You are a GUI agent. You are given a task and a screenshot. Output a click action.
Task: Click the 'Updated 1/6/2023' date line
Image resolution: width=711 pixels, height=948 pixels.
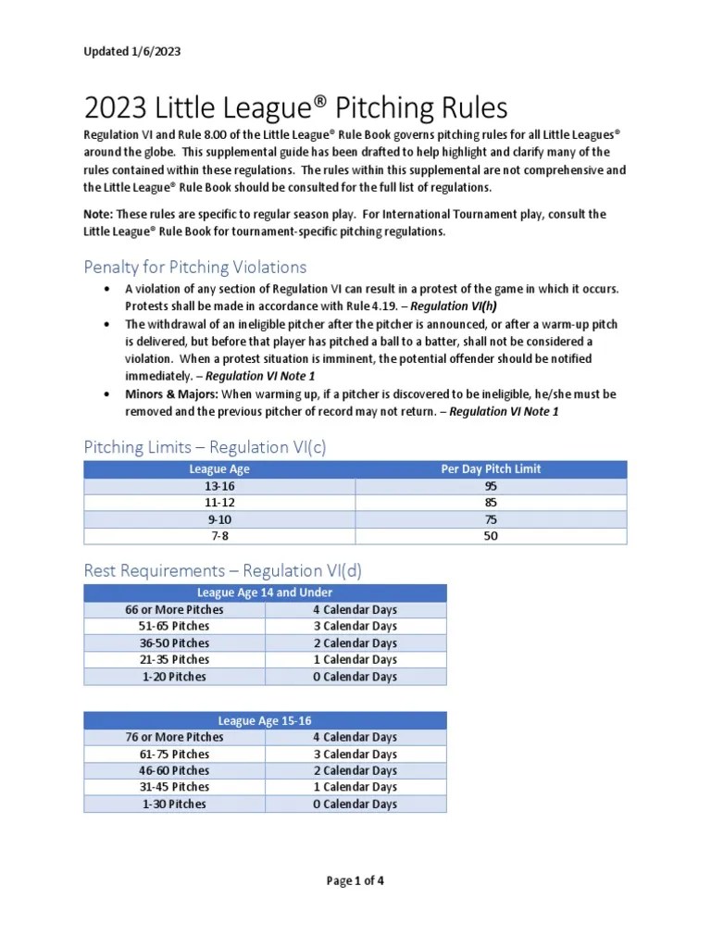coord(131,52)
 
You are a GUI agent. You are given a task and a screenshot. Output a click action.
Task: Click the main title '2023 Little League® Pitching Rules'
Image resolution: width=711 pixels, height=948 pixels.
coord(295,109)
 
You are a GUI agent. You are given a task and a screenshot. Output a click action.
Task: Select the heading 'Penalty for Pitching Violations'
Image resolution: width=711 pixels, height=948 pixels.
coord(194,268)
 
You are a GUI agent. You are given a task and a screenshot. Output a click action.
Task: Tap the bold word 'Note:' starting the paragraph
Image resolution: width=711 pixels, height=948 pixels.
coord(98,215)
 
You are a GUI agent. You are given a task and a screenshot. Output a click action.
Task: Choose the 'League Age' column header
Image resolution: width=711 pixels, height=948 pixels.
coord(218,469)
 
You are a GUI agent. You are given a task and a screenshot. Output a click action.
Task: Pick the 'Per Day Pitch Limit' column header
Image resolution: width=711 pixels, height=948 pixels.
coord(491,469)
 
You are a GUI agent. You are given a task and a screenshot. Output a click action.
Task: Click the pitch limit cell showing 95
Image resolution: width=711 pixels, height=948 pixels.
coord(491,486)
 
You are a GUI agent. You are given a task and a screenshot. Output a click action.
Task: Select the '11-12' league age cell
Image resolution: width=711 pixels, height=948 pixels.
coord(218,503)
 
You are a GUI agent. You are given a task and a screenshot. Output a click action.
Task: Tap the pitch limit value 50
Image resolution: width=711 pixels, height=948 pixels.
coord(491,536)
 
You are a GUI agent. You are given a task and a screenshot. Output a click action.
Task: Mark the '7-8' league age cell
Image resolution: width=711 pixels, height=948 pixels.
coord(218,536)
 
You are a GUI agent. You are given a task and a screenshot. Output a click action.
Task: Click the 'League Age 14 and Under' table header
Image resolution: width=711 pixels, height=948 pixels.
coord(265,592)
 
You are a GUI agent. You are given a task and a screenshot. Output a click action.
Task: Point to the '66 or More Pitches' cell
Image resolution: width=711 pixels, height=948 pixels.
coord(174,610)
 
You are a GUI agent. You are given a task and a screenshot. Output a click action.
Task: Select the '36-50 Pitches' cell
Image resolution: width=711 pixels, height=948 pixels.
coord(174,643)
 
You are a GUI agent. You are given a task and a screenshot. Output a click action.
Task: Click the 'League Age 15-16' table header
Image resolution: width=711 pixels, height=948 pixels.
coord(265,720)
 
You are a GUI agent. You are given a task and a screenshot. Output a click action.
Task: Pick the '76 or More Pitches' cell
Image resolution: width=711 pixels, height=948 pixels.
coord(174,737)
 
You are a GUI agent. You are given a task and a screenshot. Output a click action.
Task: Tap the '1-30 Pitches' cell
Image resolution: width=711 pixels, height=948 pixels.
coord(174,805)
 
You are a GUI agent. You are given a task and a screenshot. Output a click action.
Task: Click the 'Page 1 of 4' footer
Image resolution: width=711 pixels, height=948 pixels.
coord(355,881)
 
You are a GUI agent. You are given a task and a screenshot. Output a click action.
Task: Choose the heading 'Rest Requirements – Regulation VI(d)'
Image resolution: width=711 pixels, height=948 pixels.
coord(222,571)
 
